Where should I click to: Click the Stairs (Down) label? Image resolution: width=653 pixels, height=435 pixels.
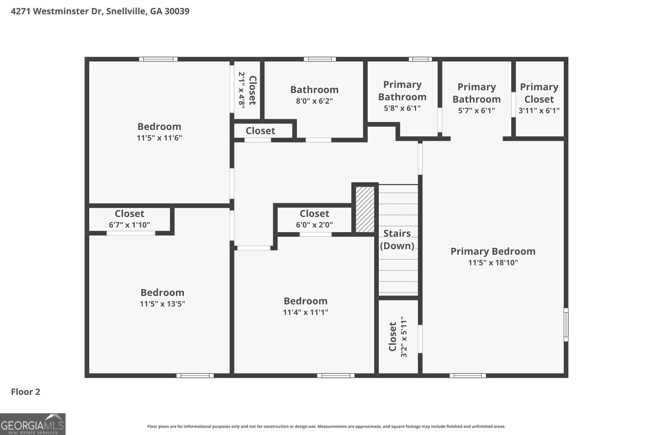(x=397, y=240)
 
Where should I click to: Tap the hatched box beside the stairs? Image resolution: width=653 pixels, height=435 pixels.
(x=365, y=210)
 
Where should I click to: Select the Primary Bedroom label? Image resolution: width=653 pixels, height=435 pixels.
(x=493, y=251)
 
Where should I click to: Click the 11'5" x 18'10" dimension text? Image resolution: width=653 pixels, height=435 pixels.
(x=493, y=263)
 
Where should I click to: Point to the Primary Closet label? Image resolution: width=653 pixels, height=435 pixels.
(x=539, y=93)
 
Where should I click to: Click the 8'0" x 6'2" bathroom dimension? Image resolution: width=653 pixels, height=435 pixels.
(x=314, y=101)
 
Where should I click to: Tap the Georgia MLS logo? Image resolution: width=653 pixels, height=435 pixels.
(x=33, y=424)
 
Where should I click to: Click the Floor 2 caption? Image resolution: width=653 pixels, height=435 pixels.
(x=26, y=392)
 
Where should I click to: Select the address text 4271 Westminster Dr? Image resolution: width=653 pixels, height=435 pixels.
(x=57, y=11)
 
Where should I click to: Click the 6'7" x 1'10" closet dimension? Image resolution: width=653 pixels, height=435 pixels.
(x=129, y=225)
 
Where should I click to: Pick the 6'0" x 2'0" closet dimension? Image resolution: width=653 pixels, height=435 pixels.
(x=314, y=225)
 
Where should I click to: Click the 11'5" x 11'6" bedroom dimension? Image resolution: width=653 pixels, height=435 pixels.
(x=160, y=138)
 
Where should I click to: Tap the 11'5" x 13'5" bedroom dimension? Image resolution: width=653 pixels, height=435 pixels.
(x=162, y=304)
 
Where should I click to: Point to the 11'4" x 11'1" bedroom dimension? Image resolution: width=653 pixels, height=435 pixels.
(x=306, y=312)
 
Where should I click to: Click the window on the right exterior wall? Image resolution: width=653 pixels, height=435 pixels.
(x=566, y=325)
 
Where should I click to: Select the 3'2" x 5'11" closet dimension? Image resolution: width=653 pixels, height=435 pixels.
(x=404, y=337)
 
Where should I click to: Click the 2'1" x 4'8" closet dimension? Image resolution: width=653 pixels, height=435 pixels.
(x=241, y=90)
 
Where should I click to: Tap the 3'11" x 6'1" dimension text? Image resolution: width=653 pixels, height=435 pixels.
(x=539, y=110)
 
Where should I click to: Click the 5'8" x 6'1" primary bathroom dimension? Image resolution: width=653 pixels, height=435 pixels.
(x=402, y=108)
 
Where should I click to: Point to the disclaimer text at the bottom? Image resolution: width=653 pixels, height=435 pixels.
(x=326, y=426)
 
